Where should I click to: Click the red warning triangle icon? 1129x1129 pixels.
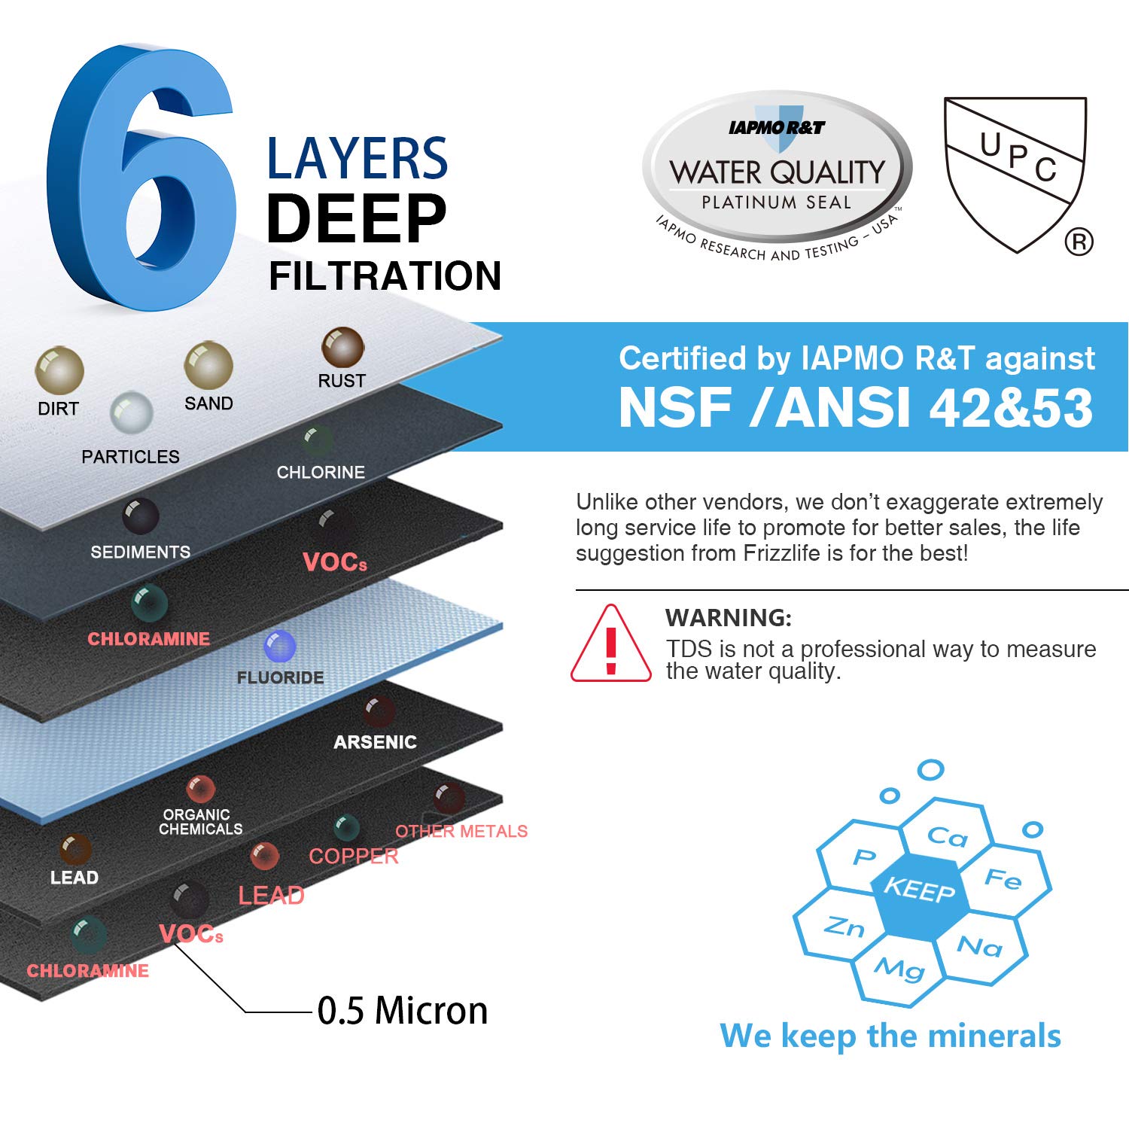610,646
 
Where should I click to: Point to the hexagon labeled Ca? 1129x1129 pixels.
947,835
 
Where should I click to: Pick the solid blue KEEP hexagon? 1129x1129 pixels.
919,890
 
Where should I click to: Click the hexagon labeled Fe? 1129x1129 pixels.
1003,878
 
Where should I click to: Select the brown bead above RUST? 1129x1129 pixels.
342,347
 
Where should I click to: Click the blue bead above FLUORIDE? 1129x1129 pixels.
280,646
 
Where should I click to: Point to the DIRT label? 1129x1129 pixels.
58,409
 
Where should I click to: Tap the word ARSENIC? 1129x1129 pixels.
375,742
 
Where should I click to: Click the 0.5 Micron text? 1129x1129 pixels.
402,1011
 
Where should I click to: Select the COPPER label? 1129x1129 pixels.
353,857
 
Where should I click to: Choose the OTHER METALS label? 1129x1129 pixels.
461,831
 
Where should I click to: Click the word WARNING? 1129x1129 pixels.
728,618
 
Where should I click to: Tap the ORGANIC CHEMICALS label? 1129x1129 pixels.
200,822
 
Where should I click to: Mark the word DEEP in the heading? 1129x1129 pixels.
356,218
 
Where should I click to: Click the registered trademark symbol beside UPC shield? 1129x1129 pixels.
1079,242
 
